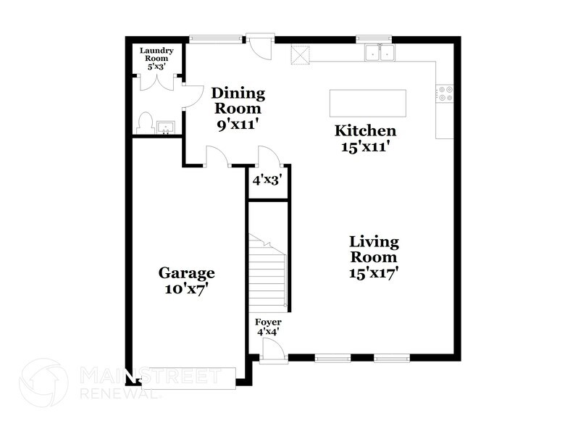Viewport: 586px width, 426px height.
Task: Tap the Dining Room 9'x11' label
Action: (238, 108)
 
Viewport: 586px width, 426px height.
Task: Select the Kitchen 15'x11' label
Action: (365, 138)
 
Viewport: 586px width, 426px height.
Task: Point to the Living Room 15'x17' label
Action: (374, 257)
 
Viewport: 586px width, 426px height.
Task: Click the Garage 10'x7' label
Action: (187, 280)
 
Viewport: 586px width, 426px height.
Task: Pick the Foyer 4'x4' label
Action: (268, 327)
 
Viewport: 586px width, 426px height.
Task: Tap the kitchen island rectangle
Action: (368, 103)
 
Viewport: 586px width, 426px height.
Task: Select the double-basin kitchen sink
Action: (380, 52)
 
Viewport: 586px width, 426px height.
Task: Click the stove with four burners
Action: (445, 93)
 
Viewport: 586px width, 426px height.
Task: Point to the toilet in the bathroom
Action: (144, 122)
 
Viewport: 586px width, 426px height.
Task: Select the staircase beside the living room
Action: (268, 272)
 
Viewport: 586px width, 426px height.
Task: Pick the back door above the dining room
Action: (259, 45)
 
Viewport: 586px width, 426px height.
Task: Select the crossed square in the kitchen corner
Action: (300, 54)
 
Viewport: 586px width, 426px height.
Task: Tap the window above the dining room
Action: (215, 38)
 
